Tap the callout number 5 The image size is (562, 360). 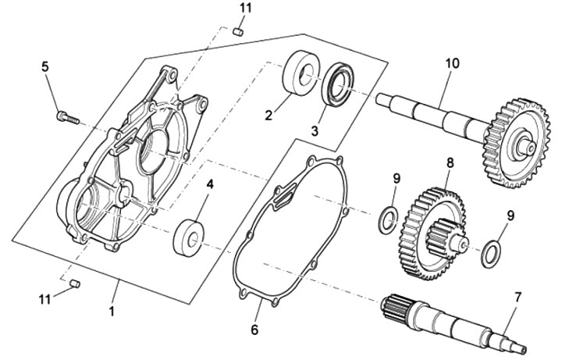point(44,66)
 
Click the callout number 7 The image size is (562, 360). point(516,298)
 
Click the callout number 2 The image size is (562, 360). point(268,115)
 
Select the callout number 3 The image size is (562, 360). point(315,131)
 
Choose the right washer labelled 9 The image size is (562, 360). point(491,253)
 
